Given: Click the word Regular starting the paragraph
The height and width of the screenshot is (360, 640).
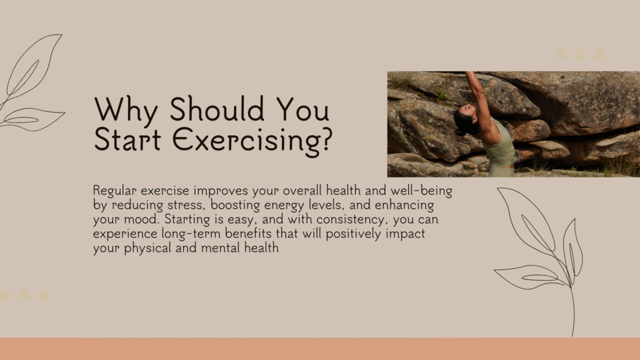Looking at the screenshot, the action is point(115,191).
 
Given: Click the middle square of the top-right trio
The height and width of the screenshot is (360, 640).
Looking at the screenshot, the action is point(579,55).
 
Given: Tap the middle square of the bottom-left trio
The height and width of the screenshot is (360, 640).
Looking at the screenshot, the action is point(24,295).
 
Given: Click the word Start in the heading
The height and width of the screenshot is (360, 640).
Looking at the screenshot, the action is point(127,139).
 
